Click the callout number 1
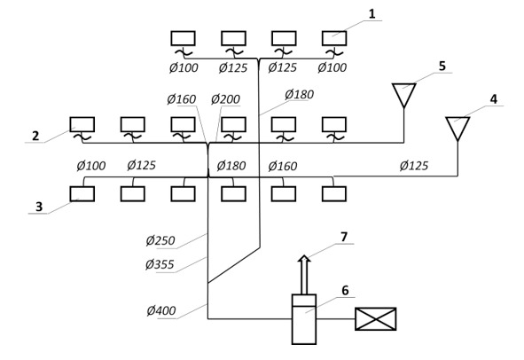coord(371,14)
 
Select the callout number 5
coord(442,66)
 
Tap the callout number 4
coord(493,99)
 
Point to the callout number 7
coord(344,237)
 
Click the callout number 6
coord(345,291)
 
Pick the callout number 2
coord(35,136)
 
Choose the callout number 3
coord(39,207)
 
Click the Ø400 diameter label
coord(161,310)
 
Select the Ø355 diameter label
coord(160,264)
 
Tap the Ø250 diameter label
coord(160,240)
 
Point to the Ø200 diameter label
coord(225,99)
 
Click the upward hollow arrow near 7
coord(304,275)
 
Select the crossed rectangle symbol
coord(376,319)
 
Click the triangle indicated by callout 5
coord(404,95)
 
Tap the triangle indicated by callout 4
coord(458,129)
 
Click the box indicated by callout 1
coord(334,38)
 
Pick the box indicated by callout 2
coord(82,124)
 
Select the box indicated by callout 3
coord(82,194)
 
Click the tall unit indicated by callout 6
coord(304,319)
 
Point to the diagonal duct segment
coord(234,265)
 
